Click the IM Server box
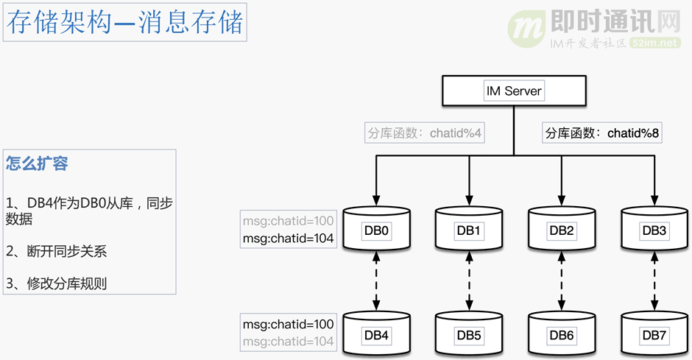[x=513, y=92]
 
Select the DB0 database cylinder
[x=376, y=230]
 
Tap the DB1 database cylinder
[x=468, y=230]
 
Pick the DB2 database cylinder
[x=561, y=230]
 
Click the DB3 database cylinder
[x=654, y=230]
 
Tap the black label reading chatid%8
[x=602, y=133]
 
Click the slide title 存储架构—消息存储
[x=124, y=23]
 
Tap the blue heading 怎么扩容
[x=37, y=163]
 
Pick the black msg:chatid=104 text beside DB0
[x=288, y=239]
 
